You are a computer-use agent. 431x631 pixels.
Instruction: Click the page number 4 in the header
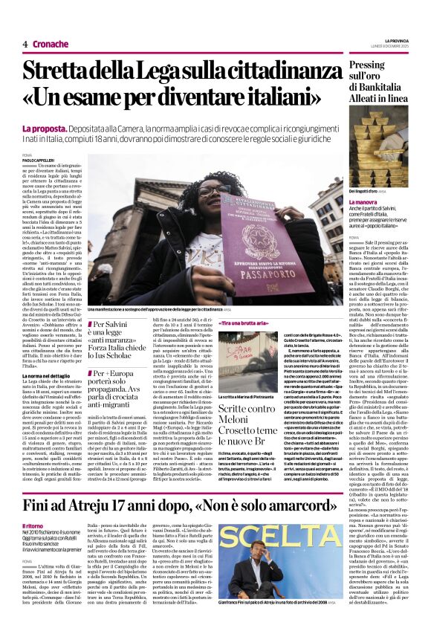[x=25, y=44]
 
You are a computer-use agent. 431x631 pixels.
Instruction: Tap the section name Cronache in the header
[x=51, y=44]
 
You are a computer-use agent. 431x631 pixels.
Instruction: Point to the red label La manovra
[x=363, y=201]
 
